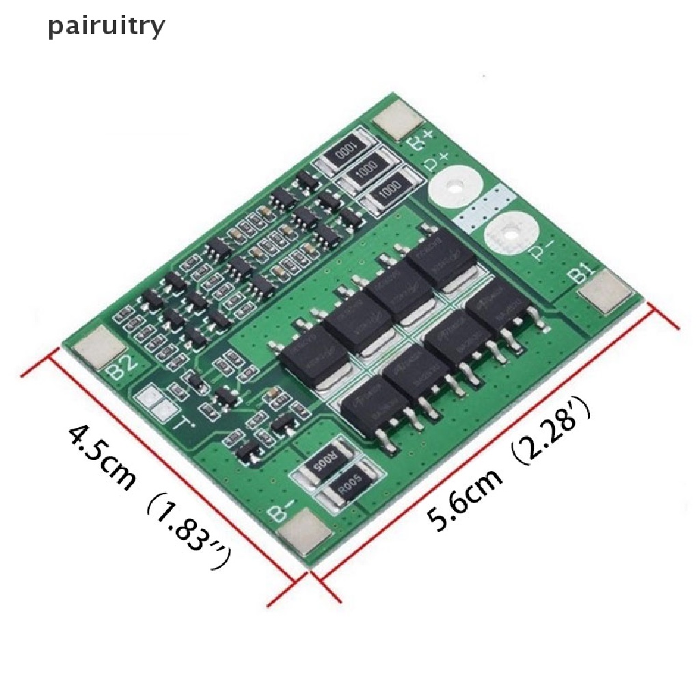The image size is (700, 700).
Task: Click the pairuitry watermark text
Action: pos(106,27)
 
